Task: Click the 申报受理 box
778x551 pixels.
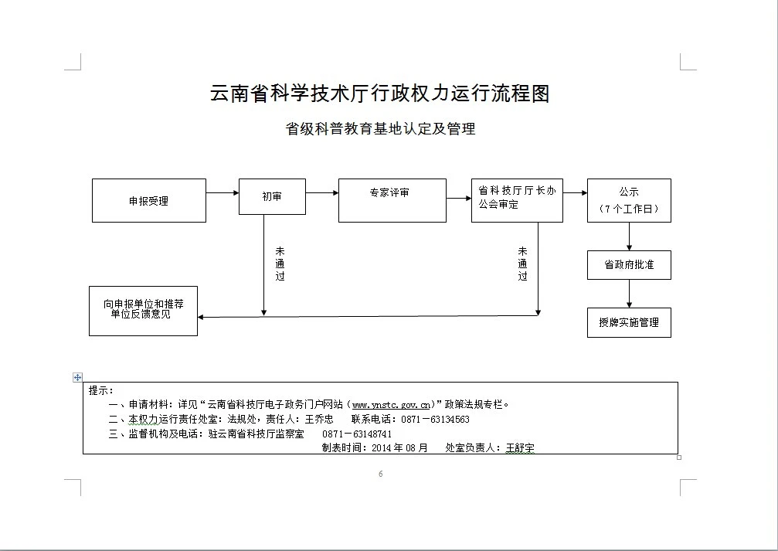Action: (x=149, y=201)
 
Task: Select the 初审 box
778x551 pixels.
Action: (x=272, y=197)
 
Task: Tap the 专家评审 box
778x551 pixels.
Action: (x=392, y=200)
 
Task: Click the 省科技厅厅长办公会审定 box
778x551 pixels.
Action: (x=517, y=200)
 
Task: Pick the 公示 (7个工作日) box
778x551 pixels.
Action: (x=629, y=200)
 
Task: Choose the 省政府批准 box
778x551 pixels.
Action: (x=629, y=264)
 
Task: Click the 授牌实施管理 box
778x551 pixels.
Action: (x=629, y=322)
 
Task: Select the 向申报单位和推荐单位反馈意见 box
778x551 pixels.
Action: (x=144, y=310)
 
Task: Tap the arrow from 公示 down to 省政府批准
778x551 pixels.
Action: (x=630, y=236)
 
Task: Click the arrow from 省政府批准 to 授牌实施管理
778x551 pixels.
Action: (x=630, y=294)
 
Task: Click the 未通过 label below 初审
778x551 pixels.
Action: (x=280, y=264)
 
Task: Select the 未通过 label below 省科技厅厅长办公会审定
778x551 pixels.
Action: (x=523, y=264)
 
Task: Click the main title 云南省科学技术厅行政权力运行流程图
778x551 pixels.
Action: (x=379, y=94)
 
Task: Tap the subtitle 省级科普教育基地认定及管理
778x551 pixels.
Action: (x=380, y=129)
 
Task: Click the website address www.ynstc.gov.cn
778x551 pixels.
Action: (x=391, y=404)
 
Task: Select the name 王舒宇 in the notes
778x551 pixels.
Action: (x=520, y=448)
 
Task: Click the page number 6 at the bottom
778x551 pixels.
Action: (x=381, y=474)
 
